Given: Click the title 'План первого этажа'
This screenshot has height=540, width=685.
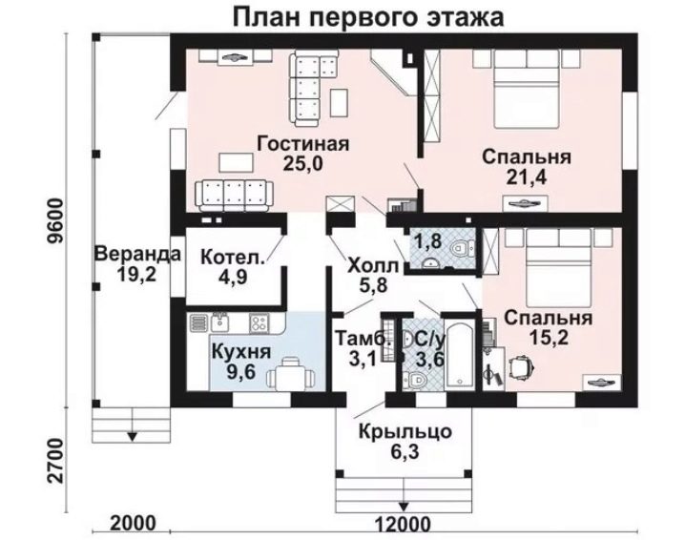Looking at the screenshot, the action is [x=369, y=17].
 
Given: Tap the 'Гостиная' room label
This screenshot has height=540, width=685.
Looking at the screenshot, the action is [x=303, y=143].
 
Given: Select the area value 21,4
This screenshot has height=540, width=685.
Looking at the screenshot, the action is [x=527, y=177].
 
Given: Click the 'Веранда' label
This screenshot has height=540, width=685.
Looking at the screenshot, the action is [x=137, y=254].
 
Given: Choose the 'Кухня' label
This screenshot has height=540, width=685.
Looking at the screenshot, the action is [x=241, y=352].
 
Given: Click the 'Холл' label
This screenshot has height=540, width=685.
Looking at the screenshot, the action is [x=373, y=265].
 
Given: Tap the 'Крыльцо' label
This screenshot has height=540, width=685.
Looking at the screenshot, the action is [x=405, y=431].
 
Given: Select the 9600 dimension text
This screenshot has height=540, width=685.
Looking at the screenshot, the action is [x=56, y=221].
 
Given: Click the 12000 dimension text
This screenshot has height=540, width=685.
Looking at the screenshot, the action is [x=403, y=524].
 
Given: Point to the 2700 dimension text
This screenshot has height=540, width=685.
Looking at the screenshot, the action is [x=56, y=461].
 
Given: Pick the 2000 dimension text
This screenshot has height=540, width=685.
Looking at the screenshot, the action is [x=133, y=524].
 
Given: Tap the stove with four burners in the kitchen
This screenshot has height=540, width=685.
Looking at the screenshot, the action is [x=259, y=323].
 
